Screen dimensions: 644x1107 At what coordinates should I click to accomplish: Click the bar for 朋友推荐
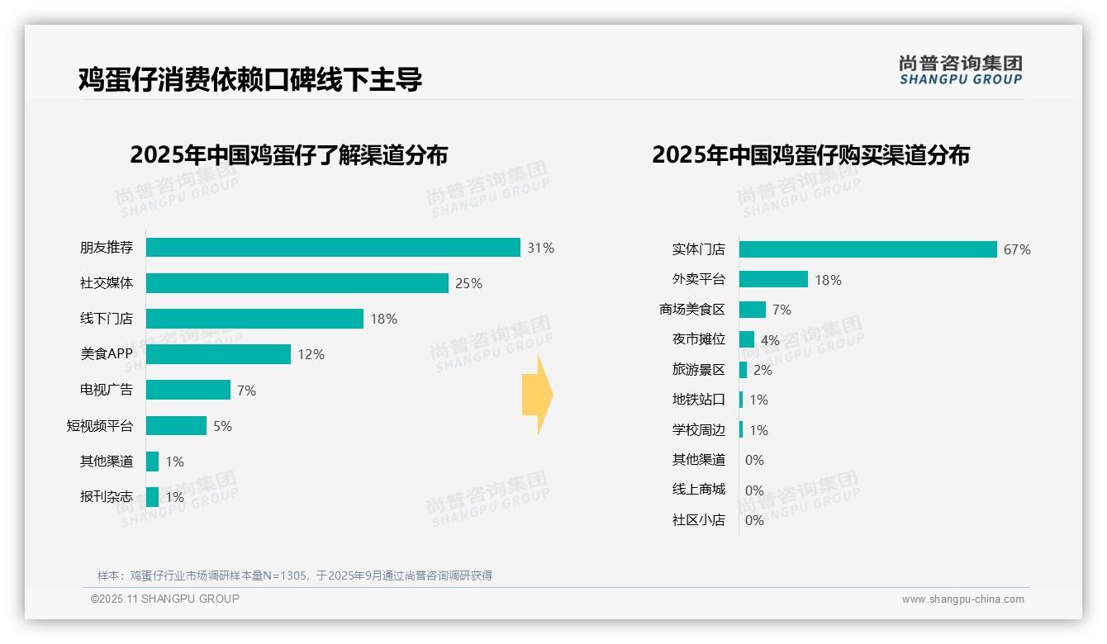click(333, 248)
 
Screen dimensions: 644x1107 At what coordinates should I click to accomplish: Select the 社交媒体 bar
click(297, 283)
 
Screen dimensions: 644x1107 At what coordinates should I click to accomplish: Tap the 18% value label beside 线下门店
click(383, 320)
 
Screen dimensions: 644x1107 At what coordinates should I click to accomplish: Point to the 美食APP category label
click(107, 354)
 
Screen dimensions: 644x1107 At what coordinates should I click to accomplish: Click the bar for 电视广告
click(188, 390)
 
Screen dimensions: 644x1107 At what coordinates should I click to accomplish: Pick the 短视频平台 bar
click(176, 426)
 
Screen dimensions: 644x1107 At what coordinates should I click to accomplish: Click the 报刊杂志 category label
click(107, 497)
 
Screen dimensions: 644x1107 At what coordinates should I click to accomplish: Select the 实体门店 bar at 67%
click(867, 249)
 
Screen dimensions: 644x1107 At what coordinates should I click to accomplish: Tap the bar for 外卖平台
click(773, 280)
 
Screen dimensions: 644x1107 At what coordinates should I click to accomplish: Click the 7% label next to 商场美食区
click(782, 310)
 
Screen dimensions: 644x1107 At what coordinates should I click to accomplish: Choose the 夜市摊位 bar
click(747, 339)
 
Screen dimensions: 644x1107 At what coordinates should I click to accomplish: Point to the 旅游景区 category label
click(698, 370)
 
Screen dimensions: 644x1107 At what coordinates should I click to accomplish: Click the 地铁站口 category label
click(698, 400)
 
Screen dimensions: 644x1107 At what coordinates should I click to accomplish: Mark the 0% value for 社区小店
click(754, 520)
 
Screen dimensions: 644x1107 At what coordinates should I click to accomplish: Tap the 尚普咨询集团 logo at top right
click(960, 70)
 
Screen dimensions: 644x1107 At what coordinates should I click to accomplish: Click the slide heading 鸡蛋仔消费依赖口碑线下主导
click(250, 79)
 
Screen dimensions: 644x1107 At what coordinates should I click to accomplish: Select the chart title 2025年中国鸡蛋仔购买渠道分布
click(810, 155)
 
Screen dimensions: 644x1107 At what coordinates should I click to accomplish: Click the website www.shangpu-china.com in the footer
click(962, 599)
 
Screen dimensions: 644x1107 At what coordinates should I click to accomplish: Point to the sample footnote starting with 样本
click(295, 575)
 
